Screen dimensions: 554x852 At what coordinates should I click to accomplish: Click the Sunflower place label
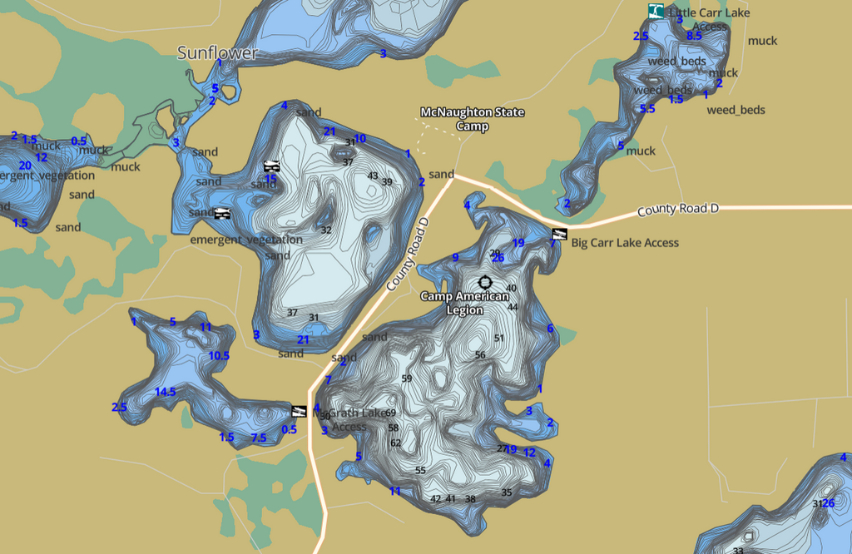[218, 53]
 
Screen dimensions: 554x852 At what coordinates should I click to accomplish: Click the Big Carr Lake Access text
[625, 243]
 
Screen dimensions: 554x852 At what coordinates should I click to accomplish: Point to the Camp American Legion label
[463, 303]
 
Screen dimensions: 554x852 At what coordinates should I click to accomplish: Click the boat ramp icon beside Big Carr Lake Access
[559, 234]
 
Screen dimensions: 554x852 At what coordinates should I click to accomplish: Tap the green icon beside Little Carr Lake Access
[656, 11]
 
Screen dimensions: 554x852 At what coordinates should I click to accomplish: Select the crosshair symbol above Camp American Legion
[485, 284]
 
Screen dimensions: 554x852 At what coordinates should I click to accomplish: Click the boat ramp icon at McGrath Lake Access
[300, 410]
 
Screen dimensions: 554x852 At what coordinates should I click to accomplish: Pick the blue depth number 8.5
[694, 36]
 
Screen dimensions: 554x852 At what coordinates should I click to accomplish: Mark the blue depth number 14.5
[165, 392]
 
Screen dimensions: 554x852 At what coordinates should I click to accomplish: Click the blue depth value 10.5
[219, 356]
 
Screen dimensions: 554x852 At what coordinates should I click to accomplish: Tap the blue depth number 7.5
[258, 438]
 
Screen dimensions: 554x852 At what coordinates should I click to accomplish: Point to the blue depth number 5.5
[647, 109]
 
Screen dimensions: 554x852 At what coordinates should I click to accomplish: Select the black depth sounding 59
[407, 378]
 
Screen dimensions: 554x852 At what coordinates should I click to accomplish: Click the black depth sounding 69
[391, 413]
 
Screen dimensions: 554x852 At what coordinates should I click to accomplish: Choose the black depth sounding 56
[480, 355]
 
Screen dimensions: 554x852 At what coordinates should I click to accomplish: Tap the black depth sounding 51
[499, 338]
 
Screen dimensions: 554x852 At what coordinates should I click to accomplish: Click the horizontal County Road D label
[677, 210]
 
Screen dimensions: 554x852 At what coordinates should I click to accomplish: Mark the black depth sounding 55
[420, 471]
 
